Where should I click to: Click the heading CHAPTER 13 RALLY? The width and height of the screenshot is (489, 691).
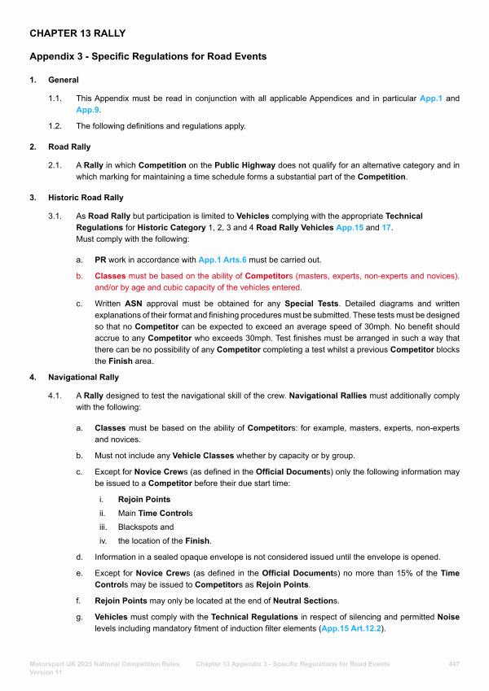click(x=77, y=33)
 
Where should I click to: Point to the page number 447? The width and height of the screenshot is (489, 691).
click(x=454, y=664)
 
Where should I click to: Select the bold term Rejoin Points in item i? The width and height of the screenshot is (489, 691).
click(x=144, y=499)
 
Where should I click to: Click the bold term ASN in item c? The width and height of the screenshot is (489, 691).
click(x=134, y=304)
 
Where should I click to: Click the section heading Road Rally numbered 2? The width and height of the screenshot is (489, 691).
click(x=69, y=147)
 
